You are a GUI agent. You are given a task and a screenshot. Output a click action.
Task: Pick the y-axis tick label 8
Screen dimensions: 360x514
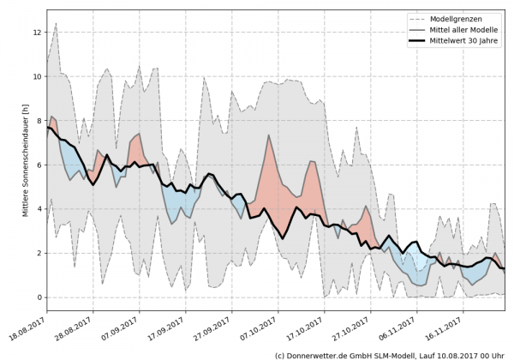pyautogui.click(x=39, y=121)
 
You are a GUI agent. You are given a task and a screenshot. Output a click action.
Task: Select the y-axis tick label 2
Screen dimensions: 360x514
pyautogui.click(x=39, y=254)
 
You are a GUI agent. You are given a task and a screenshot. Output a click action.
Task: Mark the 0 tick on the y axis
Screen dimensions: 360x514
pyautogui.click(x=39, y=297)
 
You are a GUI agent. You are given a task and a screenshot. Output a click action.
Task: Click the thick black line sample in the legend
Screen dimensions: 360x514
pyautogui.click(x=418, y=40)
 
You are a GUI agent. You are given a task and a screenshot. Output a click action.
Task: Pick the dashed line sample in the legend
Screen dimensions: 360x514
pyautogui.click(x=418, y=18)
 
